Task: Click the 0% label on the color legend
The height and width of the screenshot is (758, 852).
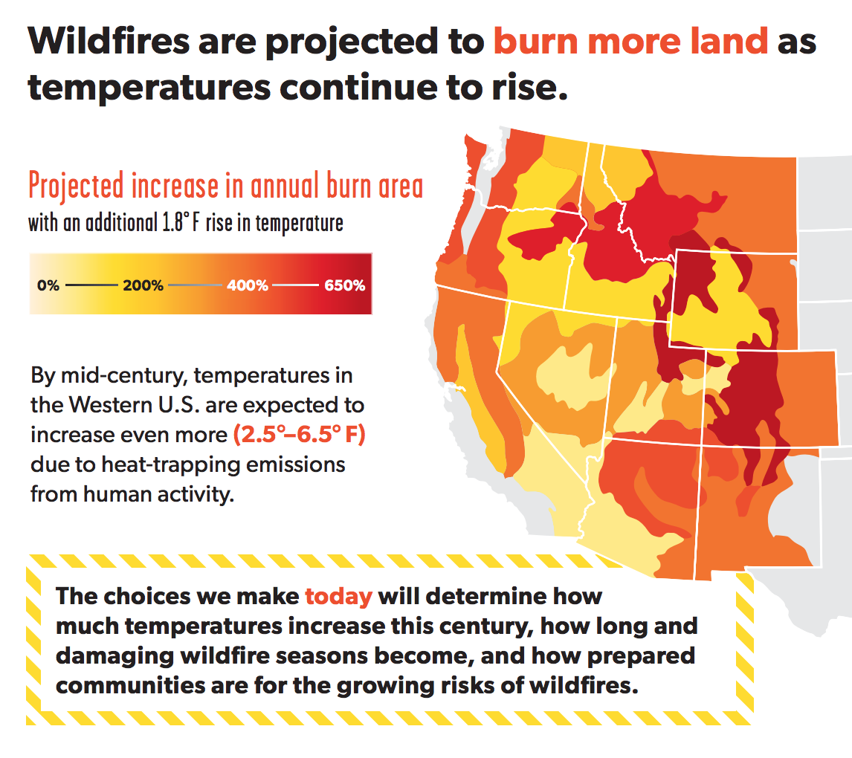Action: pyautogui.click(x=48, y=285)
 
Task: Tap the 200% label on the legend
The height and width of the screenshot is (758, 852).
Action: pyautogui.click(x=143, y=285)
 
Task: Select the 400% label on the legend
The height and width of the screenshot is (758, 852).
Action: pyautogui.click(x=248, y=285)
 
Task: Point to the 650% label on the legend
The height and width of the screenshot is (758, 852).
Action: pyautogui.click(x=344, y=285)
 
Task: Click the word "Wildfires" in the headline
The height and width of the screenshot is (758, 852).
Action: pyautogui.click(x=109, y=42)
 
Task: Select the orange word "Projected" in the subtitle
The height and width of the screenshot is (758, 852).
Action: pyautogui.click(x=76, y=187)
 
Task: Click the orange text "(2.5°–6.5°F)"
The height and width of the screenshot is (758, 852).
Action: pyautogui.click(x=300, y=435)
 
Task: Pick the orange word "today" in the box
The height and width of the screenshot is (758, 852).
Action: pyautogui.click(x=338, y=597)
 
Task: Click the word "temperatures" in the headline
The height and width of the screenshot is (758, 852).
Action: pyautogui.click(x=149, y=88)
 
